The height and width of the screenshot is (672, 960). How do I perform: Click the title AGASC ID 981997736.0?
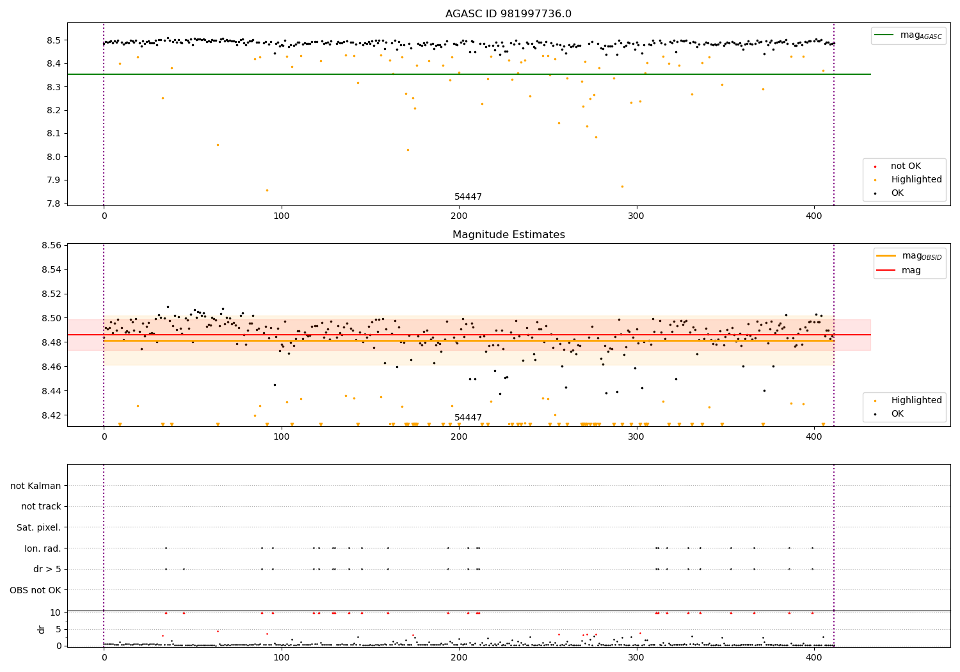[x=508, y=14]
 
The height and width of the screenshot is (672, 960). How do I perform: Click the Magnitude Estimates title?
[x=508, y=235]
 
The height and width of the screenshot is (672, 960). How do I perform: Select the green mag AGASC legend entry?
[x=908, y=35]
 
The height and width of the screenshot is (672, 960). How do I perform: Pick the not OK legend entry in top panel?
[x=906, y=166]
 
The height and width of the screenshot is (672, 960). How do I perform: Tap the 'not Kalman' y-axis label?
[x=36, y=486]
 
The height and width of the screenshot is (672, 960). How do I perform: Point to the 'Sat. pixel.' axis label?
[x=38, y=527]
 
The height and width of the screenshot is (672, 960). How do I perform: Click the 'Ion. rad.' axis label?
[x=42, y=548]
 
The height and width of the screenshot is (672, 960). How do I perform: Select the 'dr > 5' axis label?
[x=47, y=569]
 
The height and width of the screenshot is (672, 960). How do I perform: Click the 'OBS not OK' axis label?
[x=35, y=590]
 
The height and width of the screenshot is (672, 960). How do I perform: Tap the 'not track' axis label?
[x=41, y=507]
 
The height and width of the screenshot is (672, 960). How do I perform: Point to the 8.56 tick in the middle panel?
[x=50, y=245]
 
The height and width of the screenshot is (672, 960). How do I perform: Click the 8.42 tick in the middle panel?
[x=50, y=415]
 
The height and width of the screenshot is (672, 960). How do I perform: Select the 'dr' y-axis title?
[x=42, y=629]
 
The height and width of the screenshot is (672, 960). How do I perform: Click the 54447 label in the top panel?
[x=468, y=197]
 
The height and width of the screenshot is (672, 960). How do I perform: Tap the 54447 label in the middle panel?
[x=468, y=418]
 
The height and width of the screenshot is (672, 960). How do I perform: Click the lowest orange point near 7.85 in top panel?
[x=267, y=190]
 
